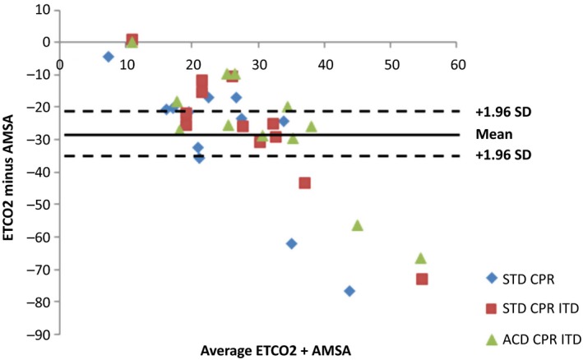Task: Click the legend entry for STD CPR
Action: (530, 278)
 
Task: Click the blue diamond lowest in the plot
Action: (349, 291)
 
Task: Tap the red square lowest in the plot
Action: (422, 279)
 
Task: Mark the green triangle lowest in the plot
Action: (421, 258)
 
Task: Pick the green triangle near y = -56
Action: (357, 225)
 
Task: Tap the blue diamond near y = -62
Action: (291, 243)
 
